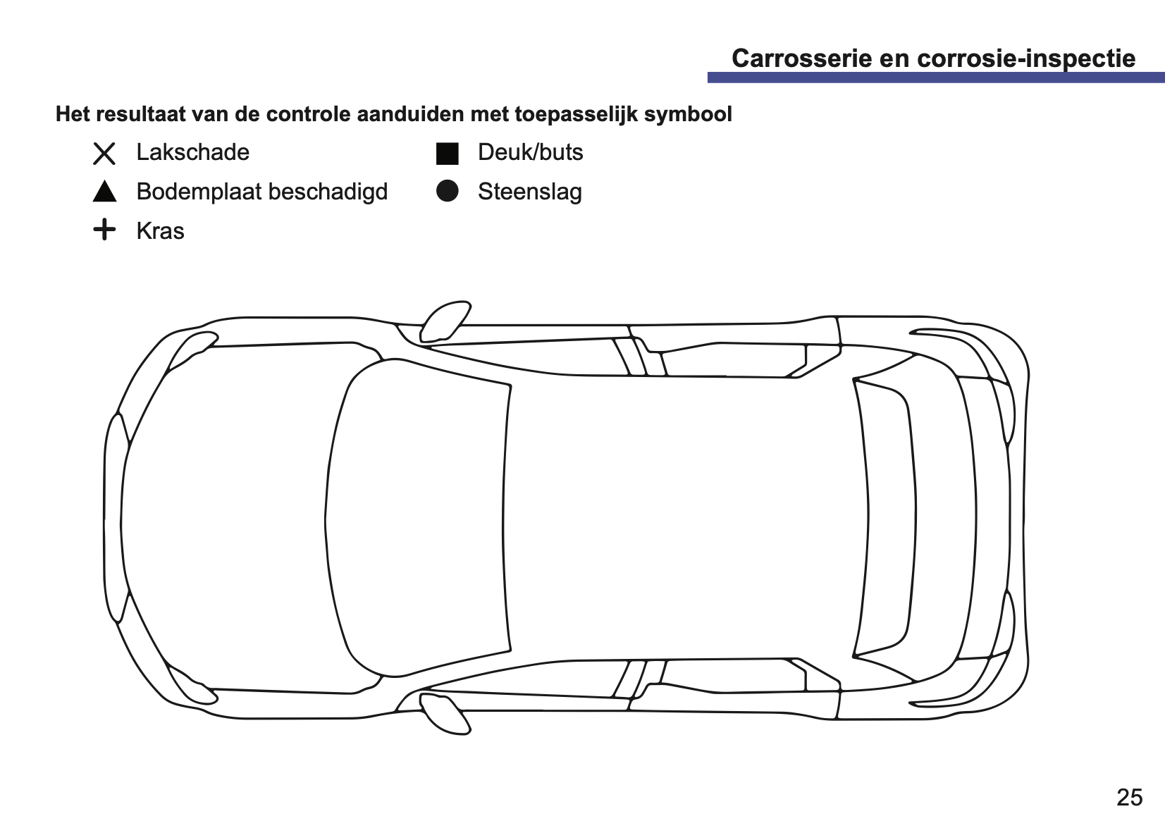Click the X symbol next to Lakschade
[x=104, y=154]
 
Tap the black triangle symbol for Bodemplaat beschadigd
[x=104, y=192]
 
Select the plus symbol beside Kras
[x=104, y=229]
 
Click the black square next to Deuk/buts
[x=448, y=154]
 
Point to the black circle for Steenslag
[x=448, y=191]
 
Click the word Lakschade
[x=193, y=152]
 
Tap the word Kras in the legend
[x=160, y=231]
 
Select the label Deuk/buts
[x=531, y=152]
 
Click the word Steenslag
[x=530, y=192]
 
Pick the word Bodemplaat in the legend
[x=199, y=192]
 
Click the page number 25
[x=1130, y=797]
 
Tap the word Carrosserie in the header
[x=802, y=58]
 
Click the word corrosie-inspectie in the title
[x=1026, y=59]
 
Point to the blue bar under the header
[x=936, y=78]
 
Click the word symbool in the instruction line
[x=688, y=115]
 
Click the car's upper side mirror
[x=445, y=322]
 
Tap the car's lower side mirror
[x=445, y=713]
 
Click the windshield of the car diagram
[x=416, y=518]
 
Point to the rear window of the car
[x=885, y=518]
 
